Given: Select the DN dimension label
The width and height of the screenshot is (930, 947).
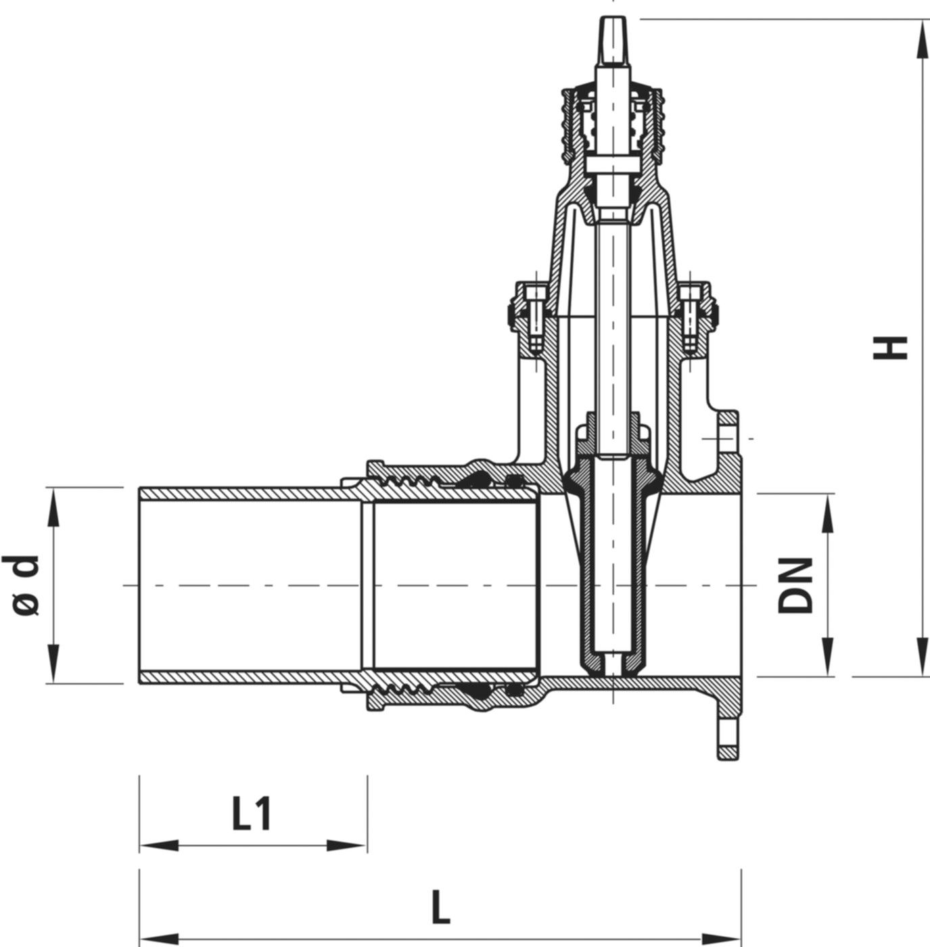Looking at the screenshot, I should coord(795,586).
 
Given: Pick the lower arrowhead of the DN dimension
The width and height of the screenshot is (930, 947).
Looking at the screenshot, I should coord(827,663).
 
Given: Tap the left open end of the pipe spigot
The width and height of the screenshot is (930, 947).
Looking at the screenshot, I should coord(140,586).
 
